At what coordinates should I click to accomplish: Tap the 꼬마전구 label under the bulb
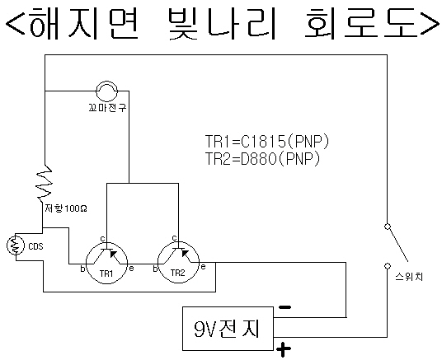click(x=108, y=108)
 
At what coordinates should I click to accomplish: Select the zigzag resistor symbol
click(x=45, y=182)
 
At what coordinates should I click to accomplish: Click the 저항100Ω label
click(x=66, y=208)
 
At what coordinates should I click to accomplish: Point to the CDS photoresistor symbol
click(x=16, y=245)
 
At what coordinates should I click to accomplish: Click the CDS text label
click(x=35, y=246)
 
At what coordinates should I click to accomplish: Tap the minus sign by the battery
click(x=284, y=307)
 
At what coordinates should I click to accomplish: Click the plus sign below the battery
click(x=284, y=349)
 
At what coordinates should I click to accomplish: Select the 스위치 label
click(x=409, y=277)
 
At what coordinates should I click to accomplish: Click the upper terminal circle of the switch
click(x=388, y=227)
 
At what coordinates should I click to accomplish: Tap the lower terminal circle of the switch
click(x=388, y=266)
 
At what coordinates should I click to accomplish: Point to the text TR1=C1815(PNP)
click(x=267, y=142)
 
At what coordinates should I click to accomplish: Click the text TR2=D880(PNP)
click(x=263, y=159)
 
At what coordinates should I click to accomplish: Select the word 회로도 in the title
click(x=361, y=23)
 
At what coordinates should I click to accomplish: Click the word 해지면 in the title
click(x=84, y=23)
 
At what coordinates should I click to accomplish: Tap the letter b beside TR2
click(x=155, y=269)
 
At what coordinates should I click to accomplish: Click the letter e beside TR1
click(x=131, y=269)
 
